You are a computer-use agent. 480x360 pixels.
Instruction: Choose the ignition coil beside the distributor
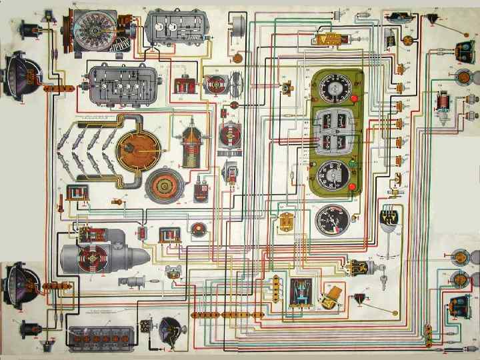point(191,148)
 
